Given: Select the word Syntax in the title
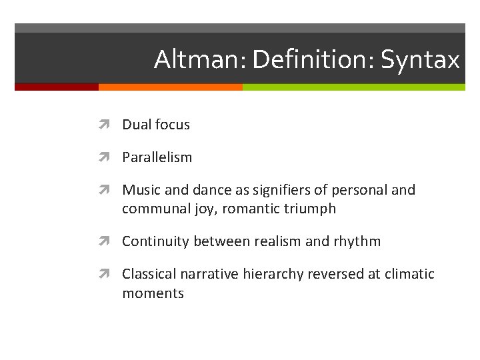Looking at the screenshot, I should pyautogui.click(x=420, y=60).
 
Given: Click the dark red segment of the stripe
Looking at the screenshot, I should pyautogui.click(x=57, y=87).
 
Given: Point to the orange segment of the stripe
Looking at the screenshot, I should pyautogui.click(x=170, y=87).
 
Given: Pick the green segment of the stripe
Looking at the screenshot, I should pyautogui.click(x=353, y=87).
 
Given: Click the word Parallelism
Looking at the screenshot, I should pyautogui.click(x=157, y=157).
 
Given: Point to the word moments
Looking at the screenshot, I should pyautogui.click(x=153, y=293).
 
